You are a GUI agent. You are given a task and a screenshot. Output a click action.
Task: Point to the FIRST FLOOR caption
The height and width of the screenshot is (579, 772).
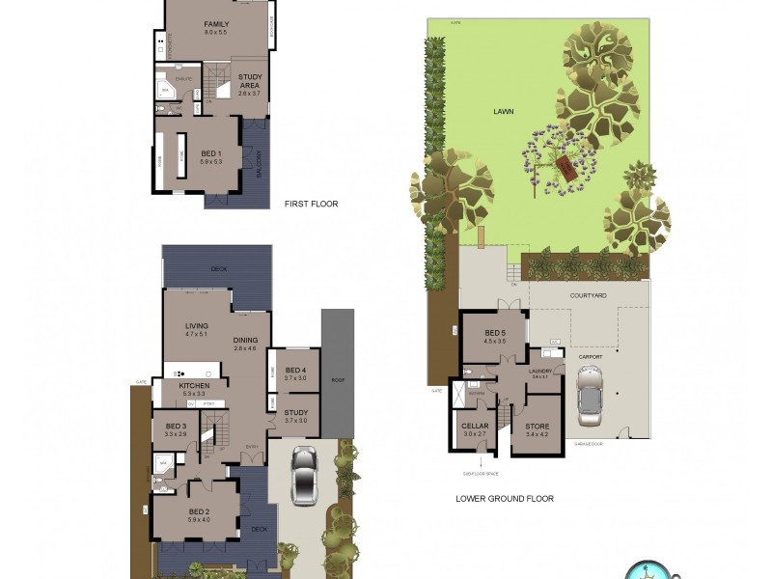311,205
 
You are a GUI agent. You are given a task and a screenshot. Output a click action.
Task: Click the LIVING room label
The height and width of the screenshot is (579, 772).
197,326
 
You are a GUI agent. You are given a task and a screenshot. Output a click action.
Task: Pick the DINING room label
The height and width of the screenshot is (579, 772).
245,340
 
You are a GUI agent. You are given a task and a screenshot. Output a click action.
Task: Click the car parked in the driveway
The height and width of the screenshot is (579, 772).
305,475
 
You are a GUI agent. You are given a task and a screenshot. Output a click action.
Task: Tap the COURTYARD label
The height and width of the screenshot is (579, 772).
588,295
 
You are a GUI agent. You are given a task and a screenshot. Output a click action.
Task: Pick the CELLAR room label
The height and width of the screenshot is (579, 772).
475,426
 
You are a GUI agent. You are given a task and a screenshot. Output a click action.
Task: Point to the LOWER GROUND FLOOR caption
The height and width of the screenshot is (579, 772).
505,499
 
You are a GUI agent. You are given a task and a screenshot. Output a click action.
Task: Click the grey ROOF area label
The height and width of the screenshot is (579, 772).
337,379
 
